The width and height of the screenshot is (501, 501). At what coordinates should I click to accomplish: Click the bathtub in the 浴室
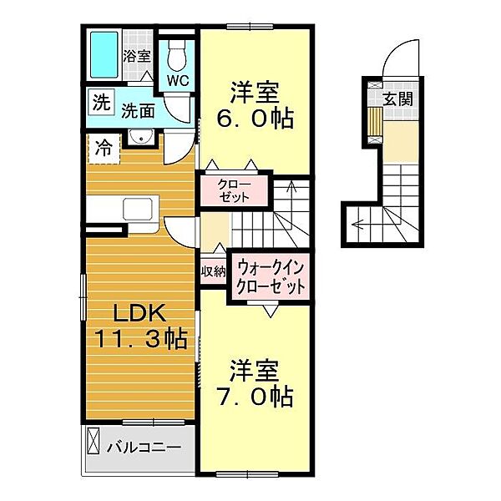point(104,55)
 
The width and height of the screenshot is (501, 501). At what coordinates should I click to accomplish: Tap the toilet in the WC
point(177,54)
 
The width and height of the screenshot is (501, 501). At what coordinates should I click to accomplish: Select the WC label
point(178,81)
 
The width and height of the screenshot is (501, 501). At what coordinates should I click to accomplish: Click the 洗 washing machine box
point(101,103)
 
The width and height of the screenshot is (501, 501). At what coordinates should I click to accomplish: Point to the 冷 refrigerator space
point(104,149)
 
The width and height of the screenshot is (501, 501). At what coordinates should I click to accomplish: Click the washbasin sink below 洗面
point(140,138)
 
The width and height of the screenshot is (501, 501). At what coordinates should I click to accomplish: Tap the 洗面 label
point(138,111)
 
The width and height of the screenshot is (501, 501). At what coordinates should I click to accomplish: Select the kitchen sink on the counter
point(138,209)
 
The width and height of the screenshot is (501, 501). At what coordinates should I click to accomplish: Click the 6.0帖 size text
point(255,119)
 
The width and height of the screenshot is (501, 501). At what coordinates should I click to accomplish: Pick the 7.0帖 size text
point(256,397)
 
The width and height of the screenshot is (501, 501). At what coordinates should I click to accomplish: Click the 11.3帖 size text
point(140,339)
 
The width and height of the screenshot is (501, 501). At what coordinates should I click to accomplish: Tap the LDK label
point(139,313)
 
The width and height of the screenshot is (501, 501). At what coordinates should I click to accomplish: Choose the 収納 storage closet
point(213,271)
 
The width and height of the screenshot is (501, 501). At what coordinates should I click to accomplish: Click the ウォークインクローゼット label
point(271,276)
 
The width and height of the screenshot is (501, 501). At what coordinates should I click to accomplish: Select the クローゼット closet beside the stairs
point(235,190)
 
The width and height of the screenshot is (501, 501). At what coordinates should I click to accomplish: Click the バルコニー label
point(144,447)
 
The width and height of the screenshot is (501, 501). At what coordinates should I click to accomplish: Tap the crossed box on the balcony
point(94,441)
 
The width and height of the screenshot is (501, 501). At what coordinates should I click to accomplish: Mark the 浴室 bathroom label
point(137,57)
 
